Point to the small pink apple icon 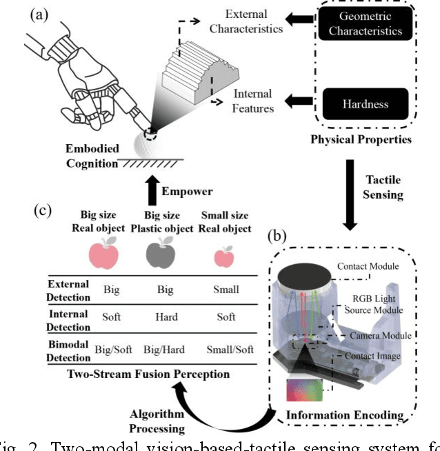tap(223, 257)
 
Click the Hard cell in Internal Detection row tap(165, 317)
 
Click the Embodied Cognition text tap(92, 155)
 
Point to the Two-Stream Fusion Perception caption tap(149, 374)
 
